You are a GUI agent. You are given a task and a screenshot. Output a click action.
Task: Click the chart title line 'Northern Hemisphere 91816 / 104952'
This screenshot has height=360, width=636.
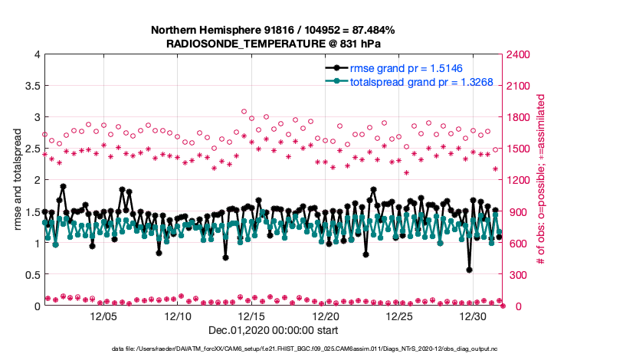point(273,30)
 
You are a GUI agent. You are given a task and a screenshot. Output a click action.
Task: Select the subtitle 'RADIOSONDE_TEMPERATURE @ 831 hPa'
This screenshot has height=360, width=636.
point(273,44)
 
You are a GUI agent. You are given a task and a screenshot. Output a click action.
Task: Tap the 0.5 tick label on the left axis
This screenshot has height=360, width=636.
point(31,275)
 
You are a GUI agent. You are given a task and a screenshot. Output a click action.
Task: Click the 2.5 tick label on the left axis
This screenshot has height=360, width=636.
point(31,149)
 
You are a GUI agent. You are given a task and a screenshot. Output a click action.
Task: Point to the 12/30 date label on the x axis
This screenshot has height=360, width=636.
point(474,316)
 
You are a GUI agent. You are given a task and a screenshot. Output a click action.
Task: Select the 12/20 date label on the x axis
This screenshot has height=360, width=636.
point(326,316)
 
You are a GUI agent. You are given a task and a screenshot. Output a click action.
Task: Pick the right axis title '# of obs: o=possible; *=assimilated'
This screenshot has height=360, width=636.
point(541,180)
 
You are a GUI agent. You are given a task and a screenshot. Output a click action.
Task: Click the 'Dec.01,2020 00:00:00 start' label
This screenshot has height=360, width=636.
point(273,330)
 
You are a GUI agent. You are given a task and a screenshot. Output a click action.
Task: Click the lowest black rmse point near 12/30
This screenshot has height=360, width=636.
point(469,270)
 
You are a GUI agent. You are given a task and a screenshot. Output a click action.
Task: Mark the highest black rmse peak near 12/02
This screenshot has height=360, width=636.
point(63,186)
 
